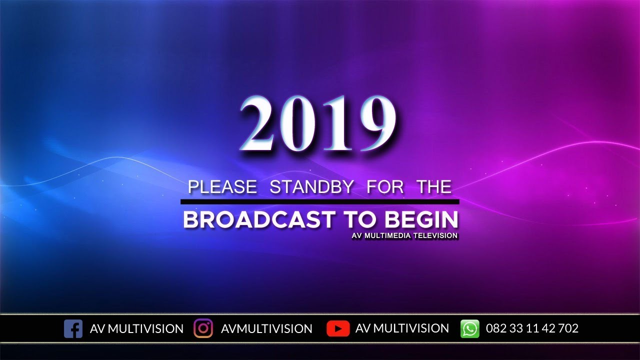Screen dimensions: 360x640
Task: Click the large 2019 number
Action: [x=319, y=124]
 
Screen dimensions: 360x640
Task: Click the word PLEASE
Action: [x=222, y=187]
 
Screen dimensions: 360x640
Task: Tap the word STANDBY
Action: [x=311, y=187]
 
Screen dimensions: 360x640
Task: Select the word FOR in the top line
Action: [x=385, y=187]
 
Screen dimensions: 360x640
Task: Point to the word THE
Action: [x=435, y=187]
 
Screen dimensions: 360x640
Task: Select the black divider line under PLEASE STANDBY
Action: [x=319, y=201]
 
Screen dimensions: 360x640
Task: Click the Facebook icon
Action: [x=73, y=328]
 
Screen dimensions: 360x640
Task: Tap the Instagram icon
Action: [x=203, y=328]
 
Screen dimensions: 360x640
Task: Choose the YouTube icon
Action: [x=337, y=328]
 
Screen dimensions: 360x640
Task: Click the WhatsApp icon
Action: [x=469, y=328]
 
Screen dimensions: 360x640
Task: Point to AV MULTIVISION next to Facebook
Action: [x=136, y=328]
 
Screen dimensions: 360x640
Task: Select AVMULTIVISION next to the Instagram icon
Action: [x=266, y=328]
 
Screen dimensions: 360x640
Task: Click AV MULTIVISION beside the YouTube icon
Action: [x=402, y=328]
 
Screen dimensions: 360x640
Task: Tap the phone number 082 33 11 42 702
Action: [x=532, y=328]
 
